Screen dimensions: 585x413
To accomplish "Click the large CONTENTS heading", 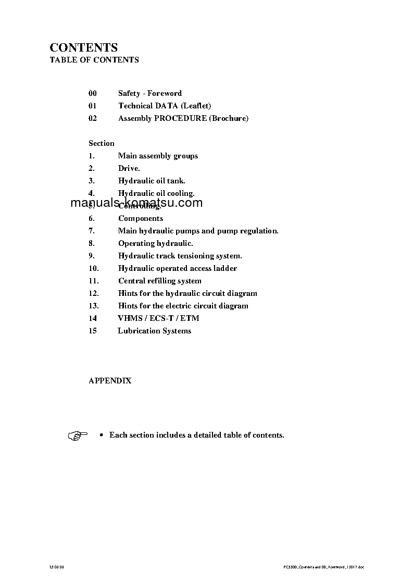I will tap(83, 48).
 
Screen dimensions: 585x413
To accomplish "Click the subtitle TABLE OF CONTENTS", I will tap(94, 60).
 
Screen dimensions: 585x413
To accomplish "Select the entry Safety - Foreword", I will tap(150, 93).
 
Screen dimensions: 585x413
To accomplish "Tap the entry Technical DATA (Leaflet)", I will tap(165, 106).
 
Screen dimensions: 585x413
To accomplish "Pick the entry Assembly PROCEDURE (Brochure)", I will tap(183, 118).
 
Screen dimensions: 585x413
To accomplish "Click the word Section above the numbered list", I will tap(102, 143).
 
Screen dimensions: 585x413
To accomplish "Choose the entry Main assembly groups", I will tap(158, 156).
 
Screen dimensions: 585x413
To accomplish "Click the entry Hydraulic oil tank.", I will tap(152, 181).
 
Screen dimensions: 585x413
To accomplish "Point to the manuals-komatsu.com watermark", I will tap(136, 203).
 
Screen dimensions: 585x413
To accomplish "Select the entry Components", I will tap(141, 218).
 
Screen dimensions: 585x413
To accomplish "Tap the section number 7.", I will tap(92, 231).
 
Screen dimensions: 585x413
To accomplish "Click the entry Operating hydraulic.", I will tap(156, 243).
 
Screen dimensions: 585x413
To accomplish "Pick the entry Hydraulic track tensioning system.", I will tap(180, 256).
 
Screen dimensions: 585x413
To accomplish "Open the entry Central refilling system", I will tap(160, 281).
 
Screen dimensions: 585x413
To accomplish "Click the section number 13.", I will tap(94, 306).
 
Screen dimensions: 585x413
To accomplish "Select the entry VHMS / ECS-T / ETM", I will tap(159, 318).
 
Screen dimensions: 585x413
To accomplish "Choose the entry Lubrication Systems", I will tap(155, 331).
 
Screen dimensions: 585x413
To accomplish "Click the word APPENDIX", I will tap(110, 381).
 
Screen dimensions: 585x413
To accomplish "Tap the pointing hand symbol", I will tap(78, 435).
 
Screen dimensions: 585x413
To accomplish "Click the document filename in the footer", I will tap(320, 566).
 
